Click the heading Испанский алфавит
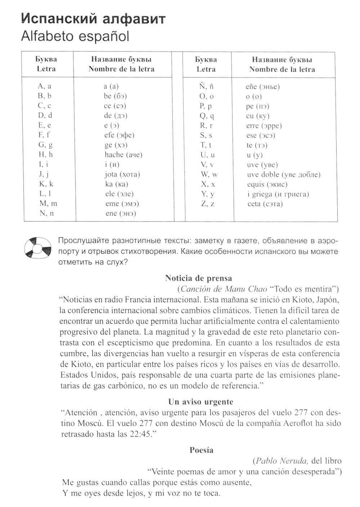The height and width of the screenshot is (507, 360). point(94,19)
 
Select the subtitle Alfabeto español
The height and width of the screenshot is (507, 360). point(75,36)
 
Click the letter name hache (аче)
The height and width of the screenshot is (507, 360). point(123,155)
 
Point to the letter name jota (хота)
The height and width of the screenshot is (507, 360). point(122,174)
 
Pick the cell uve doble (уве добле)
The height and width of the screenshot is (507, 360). point(283,174)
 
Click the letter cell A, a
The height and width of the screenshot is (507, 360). point(44,86)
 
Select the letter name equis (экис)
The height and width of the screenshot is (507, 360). point(267,184)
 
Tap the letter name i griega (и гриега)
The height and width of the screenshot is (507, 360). point(278,194)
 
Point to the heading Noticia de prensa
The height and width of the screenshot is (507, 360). point(198,278)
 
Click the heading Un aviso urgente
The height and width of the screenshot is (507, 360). point(201,402)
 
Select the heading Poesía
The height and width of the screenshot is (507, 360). point(201,450)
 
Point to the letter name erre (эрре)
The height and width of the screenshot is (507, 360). point(264,126)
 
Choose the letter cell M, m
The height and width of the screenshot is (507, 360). point(48,204)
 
